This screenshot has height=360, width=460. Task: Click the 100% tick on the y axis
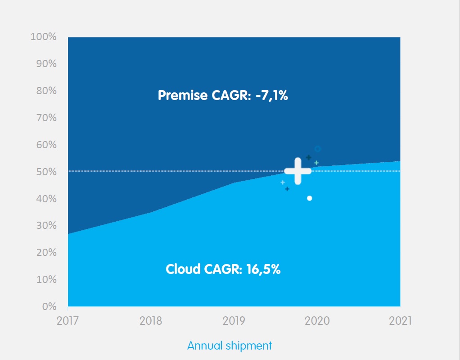click(x=44, y=37)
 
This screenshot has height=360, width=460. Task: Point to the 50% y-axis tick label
click(x=46, y=172)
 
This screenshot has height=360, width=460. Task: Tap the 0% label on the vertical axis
click(x=49, y=306)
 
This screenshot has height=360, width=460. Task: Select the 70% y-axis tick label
click(x=46, y=118)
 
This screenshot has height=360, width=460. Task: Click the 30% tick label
click(x=46, y=226)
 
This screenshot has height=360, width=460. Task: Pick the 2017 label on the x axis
click(x=68, y=321)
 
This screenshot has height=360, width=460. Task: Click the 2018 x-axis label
click(x=151, y=321)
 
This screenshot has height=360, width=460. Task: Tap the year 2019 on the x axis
click(x=234, y=321)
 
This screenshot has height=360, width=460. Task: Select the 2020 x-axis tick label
click(x=317, y=321)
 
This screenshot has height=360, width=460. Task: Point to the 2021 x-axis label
click(x=400, y=321)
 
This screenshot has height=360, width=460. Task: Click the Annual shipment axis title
click(x=230, y=346)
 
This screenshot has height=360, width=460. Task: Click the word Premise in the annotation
click(x=183, y=96)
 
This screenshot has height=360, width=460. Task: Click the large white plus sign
click(x=298, y=171)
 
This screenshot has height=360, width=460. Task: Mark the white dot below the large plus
click(x=310, y=198)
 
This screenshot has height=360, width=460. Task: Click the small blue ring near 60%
click(x=317, y=149)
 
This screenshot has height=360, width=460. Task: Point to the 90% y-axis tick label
click(x=46, y=64)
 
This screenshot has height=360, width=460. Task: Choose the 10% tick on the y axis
click(x=46, y=279)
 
